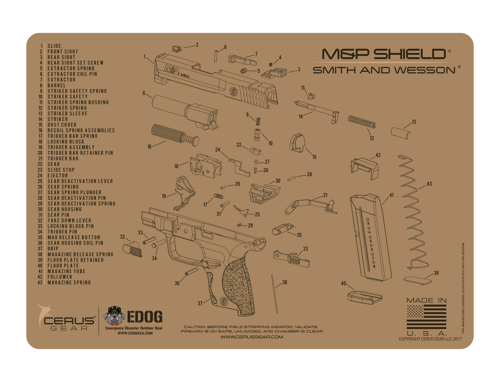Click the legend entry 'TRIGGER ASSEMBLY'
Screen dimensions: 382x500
(x=71, y=147)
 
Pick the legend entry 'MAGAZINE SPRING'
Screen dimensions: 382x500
(x=69, y=282)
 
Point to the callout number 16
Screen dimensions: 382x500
(x=150, y=146)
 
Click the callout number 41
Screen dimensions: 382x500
(x=391, y=195)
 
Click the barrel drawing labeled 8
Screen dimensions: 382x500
(x=183, y=109)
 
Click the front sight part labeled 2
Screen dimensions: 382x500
(x=176, y=48)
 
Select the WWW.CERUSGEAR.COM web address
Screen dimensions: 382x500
(x=251, y=337)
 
